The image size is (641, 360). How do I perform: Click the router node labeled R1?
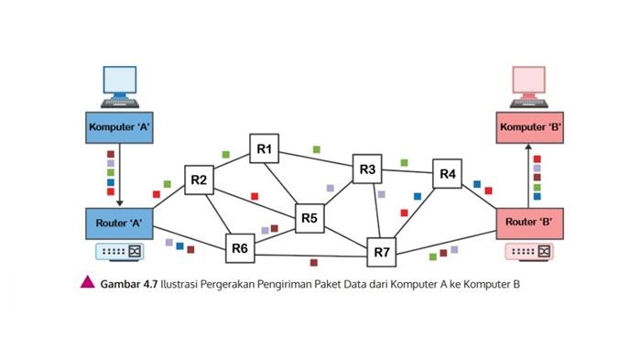[x=265, y=148]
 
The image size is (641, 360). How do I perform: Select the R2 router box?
[x=199, y=180]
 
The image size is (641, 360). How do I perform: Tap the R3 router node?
[x=368, y=169]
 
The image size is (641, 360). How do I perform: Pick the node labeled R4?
[x=447, y=174]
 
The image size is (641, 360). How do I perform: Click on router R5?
[x=309, y=218]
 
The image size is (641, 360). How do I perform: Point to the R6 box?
[x=240, y=247]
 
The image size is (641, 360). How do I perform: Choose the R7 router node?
[x=382, y=251]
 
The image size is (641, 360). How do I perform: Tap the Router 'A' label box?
[x=119, y=223]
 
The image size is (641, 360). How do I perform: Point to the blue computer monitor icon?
[x=120, y=85]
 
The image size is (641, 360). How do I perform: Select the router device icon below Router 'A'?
[x=120, y=250]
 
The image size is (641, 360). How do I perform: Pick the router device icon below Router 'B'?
[x=530, y=250]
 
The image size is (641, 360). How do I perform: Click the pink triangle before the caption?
[x=88, y=283]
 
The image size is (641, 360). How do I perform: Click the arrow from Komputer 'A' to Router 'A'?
[x=119, y=174]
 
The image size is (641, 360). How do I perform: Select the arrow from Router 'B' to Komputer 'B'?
[x=529, y=174]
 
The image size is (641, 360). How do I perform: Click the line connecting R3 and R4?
[x=407, y=171]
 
